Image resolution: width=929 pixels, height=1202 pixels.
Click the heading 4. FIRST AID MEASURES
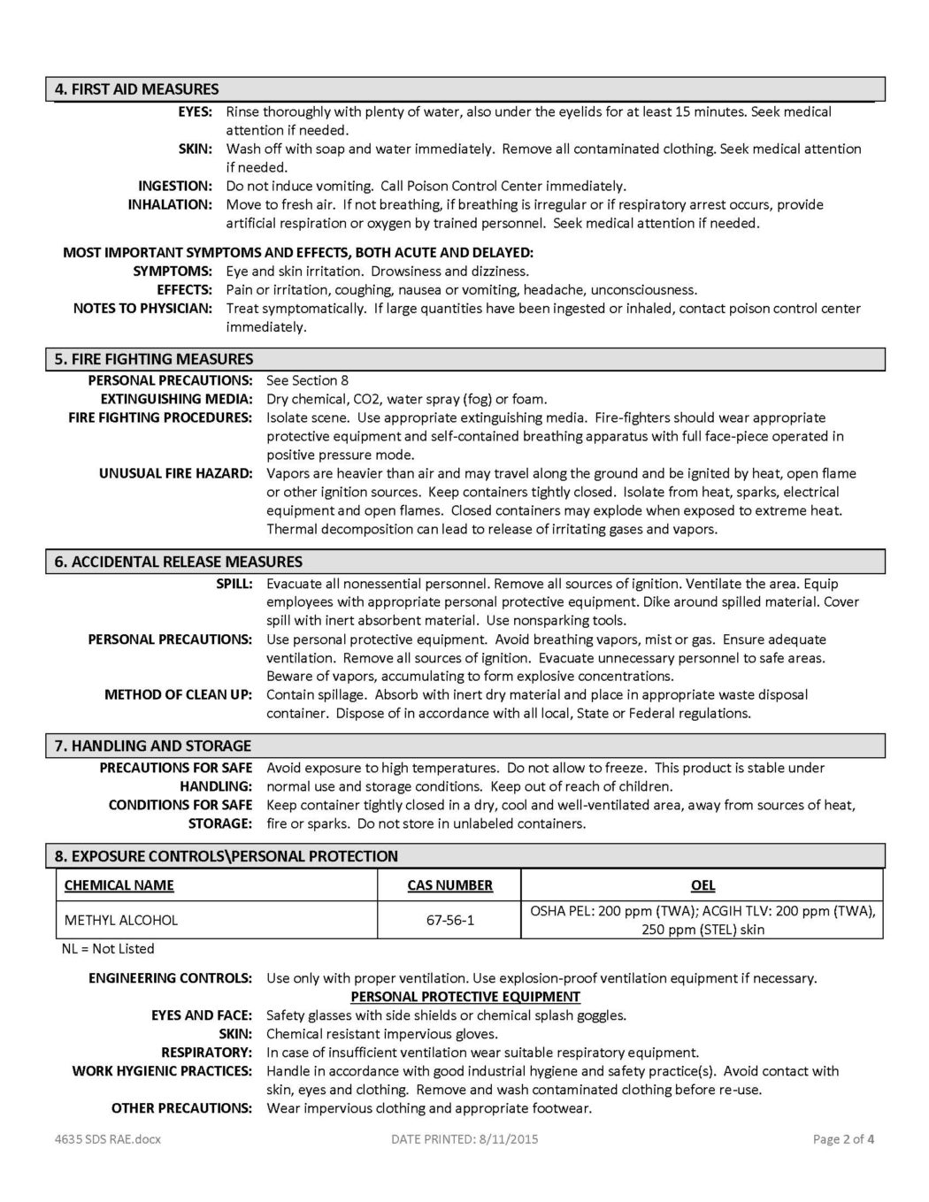pos(136,89)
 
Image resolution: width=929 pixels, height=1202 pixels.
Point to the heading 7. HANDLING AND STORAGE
pos(152,746)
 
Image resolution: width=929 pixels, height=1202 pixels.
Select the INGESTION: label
pos(174,186)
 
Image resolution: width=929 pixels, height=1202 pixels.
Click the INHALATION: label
pos(170,204)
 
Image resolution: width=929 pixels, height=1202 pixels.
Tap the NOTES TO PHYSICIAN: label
pos(142,309)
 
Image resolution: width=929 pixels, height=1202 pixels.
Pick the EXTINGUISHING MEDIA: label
pos(176,399)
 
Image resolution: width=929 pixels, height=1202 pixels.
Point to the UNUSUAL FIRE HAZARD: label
pos(175,473)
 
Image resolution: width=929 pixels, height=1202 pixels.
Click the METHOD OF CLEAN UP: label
pos(178,694)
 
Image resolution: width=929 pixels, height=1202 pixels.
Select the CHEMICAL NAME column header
pos(119,885)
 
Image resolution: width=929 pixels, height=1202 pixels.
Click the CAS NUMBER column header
pos(449,885)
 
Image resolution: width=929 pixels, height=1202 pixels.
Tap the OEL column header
pos(703,885)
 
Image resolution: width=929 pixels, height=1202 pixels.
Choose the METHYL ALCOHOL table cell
pos(121,920)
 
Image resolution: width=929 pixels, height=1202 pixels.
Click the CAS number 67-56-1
pos(449,920)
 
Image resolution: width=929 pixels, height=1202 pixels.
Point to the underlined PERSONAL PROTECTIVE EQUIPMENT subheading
pos(465,997)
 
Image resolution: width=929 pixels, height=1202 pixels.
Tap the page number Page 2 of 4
pos(843,1139)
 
